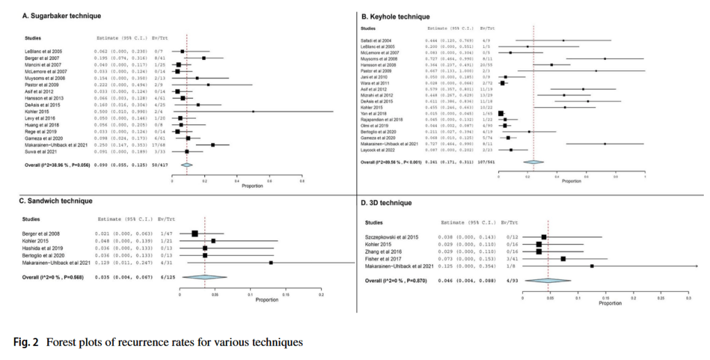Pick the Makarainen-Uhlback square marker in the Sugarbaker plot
(213, 145)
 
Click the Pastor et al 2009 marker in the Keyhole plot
(595, 70)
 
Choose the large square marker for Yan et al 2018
(501, 113)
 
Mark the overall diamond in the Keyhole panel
(534, 162)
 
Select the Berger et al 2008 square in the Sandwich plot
(195, 234)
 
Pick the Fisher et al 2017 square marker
(563, 259)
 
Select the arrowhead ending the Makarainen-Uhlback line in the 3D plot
(696, 265)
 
